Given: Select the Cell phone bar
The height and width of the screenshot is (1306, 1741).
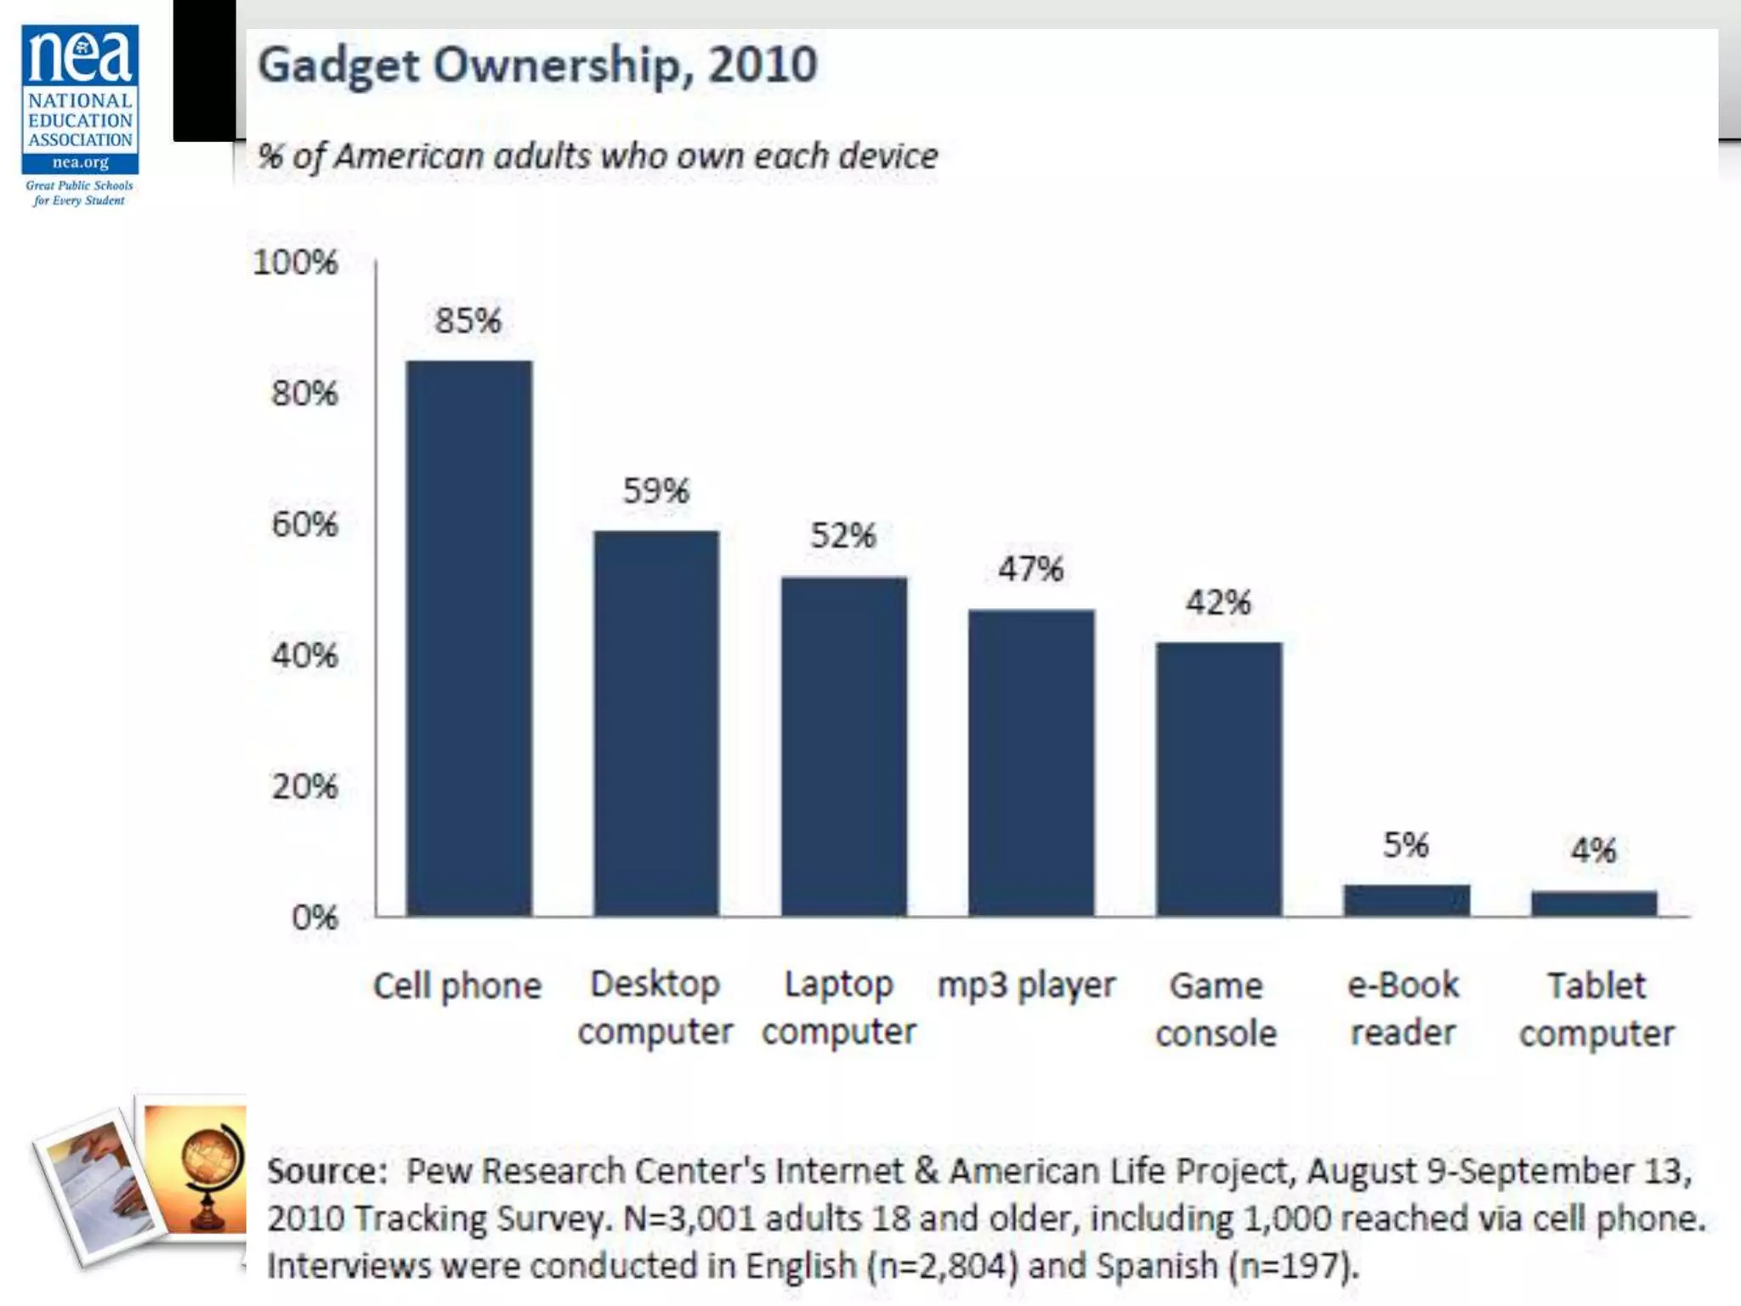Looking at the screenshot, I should pos(469,638).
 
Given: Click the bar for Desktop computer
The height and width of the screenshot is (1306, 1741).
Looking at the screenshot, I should pos(656,723).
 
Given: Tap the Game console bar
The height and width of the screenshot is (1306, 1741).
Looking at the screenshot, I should pos(1218,778).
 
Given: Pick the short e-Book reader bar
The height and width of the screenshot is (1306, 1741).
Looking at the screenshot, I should pos(1406,900).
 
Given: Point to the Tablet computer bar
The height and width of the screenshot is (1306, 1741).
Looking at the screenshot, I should pos(1594,903).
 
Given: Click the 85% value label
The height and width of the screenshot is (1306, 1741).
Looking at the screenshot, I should pos(468,321).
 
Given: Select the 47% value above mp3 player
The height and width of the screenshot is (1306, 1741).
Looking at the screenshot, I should pos(1030,569).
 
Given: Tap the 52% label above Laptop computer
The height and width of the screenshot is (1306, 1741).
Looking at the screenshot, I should pos(842,536).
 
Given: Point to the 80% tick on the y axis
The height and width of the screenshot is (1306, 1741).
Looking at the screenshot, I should pos(304,393).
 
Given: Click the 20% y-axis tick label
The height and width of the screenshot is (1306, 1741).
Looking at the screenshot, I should pos(304,786).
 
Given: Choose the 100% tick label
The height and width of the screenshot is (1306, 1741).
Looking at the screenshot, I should pos(295,262).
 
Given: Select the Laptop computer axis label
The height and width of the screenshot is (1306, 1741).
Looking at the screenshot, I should pos(839,1008).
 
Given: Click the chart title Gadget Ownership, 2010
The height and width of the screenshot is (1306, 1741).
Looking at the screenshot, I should pos(537,65).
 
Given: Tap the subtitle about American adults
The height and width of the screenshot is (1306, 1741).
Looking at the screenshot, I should pos(598,156).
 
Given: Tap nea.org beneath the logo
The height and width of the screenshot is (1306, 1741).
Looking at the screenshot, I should pos(81,162).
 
